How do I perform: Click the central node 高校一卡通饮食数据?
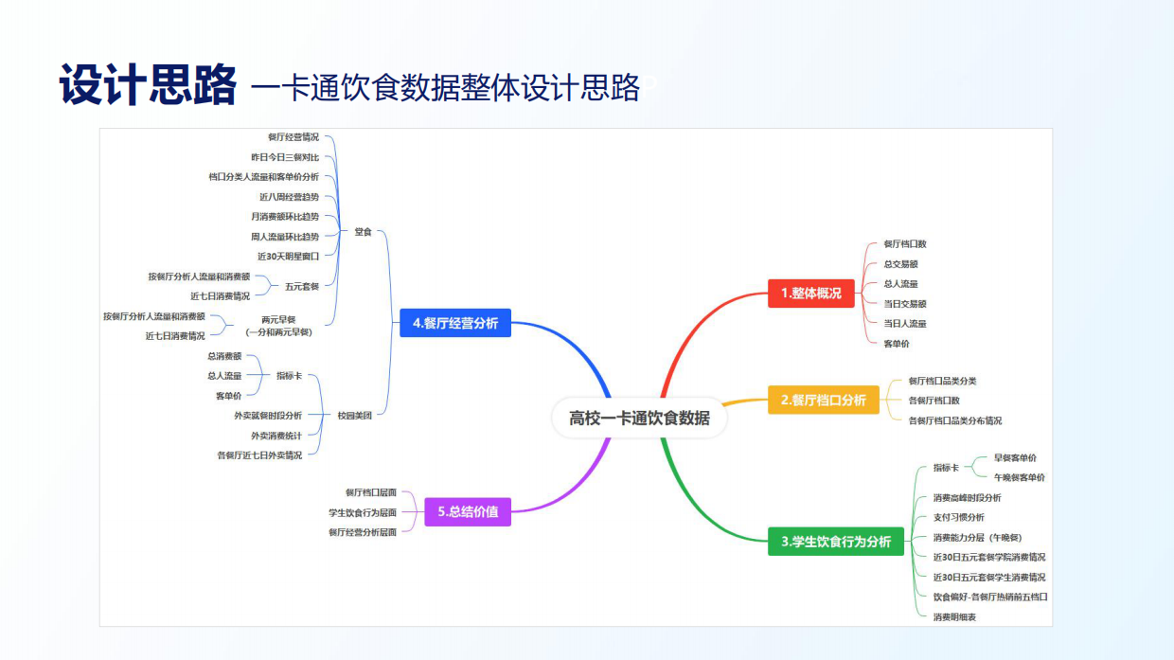pyautogui.click(x=639, y=418)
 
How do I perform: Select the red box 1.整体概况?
pyautogui.click(x=811, y=294)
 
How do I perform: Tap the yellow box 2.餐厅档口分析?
pyautogui.click(x=823, y=401)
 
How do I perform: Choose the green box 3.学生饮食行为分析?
pyautogui.click(x=835, y=542)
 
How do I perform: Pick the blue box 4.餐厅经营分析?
pyautogui.click(x=454, y=323)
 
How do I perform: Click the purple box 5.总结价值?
pyautogui.click(x=467, y=512)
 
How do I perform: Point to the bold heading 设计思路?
pyautogui.click(x=147, y=86)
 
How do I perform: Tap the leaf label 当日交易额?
pyautogui.click(x=904, y=304)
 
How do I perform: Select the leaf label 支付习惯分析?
pyautogui.click(x=958, y=517)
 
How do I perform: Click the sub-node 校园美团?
pyautogui.click(x=355, y=416)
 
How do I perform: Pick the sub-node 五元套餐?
pyautogui.click(x=302, y=286)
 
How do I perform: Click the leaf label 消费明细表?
pyautogui.click(x=954, y=616)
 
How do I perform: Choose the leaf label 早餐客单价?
pyautogui.click(x=1015, y=458)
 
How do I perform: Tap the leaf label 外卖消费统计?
pyautogui.click(x=276, y=436)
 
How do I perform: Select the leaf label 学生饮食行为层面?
pyautogui.click(x=363, y=512)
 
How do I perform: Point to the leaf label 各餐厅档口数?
pyautogui.click(x=934, y=401)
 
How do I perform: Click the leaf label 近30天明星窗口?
pyautogui.click(x=288, y=256)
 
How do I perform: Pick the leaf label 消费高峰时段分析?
pyautogui.click(x=967, y=497)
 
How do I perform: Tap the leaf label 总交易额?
pyautogui.click(x=900, y=264)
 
